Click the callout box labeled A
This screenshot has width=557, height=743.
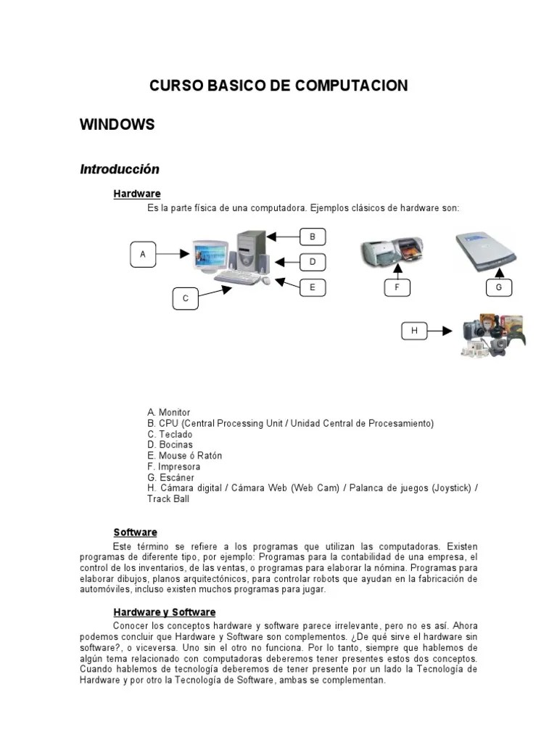click(143, 254)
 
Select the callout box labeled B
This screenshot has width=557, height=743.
click(313, 237)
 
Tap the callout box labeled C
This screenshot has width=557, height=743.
click(186, 298)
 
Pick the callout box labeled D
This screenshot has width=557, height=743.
click(313, 262)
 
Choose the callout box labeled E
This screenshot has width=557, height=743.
click(313, 287)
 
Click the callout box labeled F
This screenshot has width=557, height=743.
click(397, 287)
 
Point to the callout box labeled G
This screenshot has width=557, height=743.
click(499, 287)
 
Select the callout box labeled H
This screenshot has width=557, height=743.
click(414, 331)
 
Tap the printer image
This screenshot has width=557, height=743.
click(392, 251)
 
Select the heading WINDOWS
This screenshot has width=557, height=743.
click(117, 125)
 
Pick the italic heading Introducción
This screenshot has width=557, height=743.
click(119, 169)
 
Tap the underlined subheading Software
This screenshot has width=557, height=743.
click(135, 533)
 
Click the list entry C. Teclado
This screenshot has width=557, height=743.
click(170, 434)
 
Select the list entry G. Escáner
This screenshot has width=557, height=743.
click(171, 477)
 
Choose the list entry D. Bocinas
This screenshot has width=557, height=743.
click(170, 445)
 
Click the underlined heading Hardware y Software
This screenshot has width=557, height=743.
click(164, 612)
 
